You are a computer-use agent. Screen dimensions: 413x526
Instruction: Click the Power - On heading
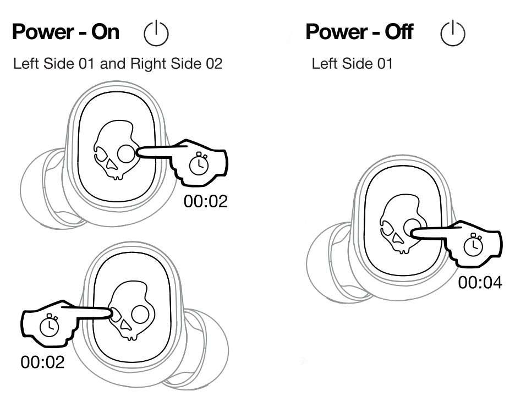(65, 32)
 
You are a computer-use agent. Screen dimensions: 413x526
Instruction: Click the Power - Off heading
(359, 32)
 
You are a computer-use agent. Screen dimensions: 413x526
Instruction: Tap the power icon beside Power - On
(156, 34)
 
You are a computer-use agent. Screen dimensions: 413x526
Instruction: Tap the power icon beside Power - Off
(453, 34)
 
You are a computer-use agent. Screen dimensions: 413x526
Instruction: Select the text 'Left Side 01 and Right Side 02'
(118, 64)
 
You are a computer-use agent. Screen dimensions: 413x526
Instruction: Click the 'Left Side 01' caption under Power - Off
(352, 64)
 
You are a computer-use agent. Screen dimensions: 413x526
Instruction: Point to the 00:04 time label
(480, 283)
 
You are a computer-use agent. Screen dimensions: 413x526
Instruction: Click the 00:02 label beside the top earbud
(205, 201)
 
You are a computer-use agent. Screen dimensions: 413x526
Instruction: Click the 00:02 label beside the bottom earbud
(42, 362)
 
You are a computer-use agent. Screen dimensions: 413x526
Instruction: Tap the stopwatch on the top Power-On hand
(198, 163)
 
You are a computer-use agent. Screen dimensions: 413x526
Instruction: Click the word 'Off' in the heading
(398, 32)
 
